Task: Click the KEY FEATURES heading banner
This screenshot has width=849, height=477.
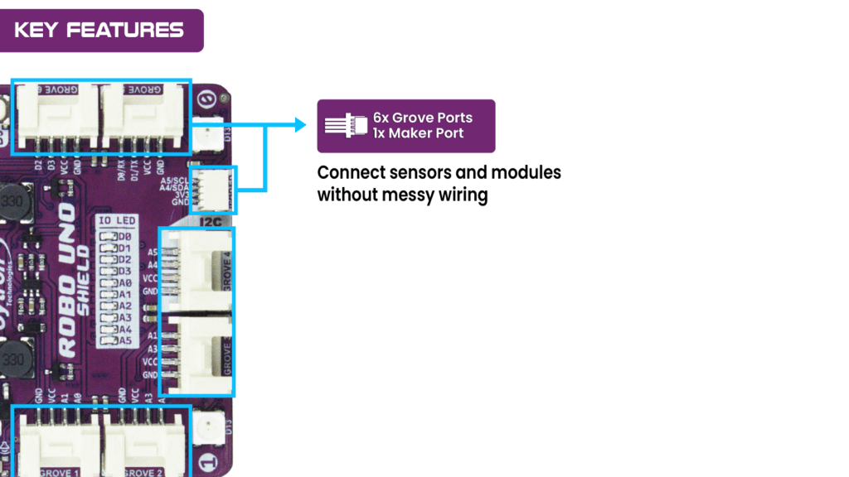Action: point(99,31)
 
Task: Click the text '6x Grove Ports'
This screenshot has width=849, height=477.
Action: point(422,118)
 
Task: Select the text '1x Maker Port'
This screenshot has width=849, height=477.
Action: point(418,133)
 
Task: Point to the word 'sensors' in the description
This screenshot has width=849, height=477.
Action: point(420,173)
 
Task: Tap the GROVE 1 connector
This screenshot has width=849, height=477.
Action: point(57,443)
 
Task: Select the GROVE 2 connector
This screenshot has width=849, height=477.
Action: point(143,443)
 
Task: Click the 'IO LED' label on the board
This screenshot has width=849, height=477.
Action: point(116,222)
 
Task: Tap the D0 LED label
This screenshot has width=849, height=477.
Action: point(124,237)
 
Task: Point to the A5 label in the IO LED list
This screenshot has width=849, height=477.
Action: point(124,340)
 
